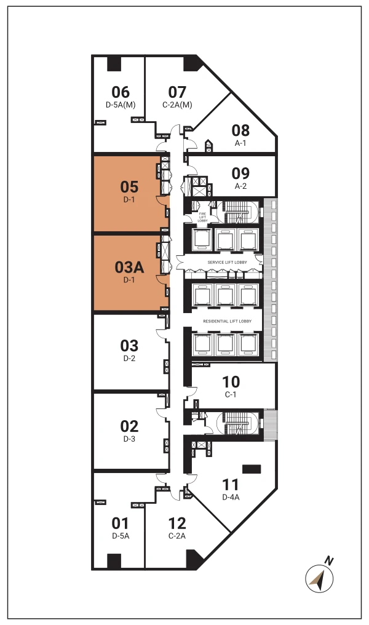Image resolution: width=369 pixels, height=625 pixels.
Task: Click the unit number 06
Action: [121, 92]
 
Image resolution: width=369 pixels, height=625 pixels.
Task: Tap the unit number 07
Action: [177, 92]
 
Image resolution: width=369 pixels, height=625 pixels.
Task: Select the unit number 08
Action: [240, 130]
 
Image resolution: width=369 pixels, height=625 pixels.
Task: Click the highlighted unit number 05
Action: [129, 186]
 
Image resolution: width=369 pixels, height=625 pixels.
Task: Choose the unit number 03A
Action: [129, 268]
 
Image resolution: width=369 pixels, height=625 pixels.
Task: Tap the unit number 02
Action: [129, 426]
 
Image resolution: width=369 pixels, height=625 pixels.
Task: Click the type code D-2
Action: [129, 359]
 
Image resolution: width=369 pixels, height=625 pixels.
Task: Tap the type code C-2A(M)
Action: [177, 105]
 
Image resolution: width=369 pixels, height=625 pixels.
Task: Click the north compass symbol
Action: [320, 578]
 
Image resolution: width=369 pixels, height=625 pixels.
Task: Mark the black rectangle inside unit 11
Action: [251, 469]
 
